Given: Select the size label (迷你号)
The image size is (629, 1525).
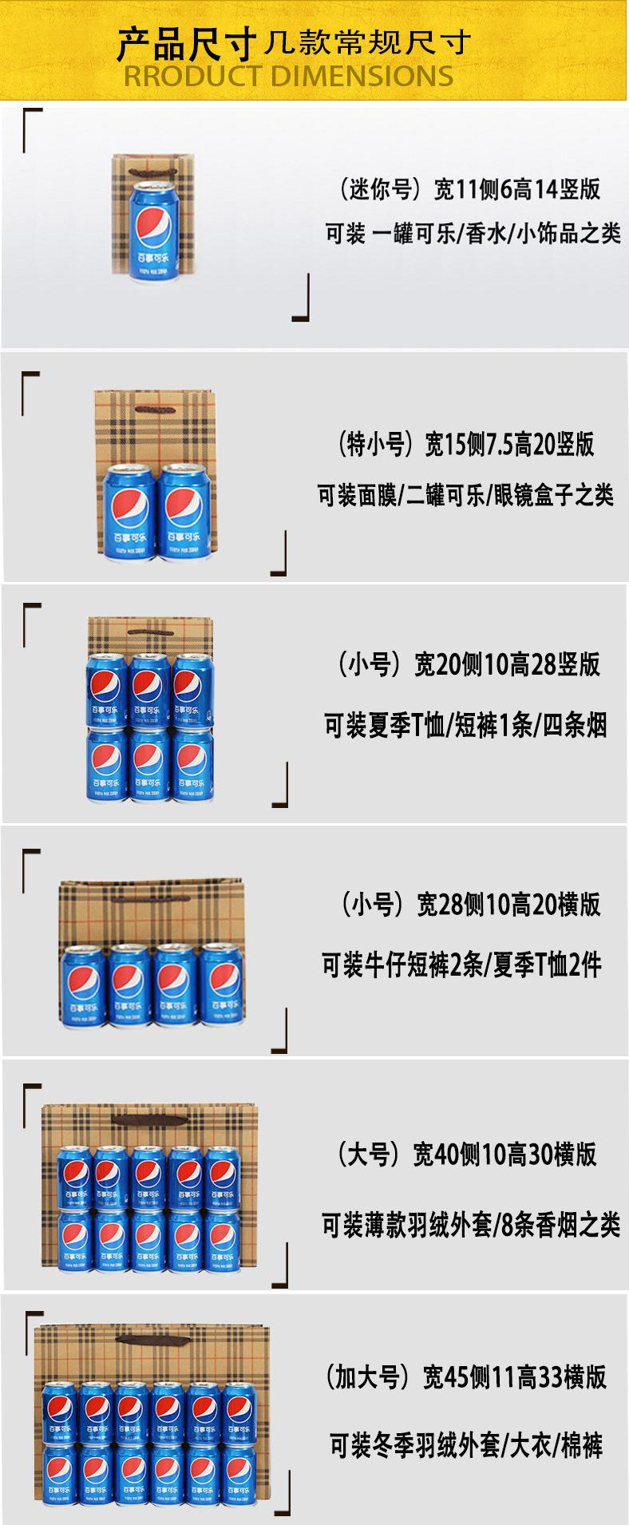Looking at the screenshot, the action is pyautogui.click(x=378, y=190).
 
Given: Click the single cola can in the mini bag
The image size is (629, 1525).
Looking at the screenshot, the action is pyautogui.click(x=152, y=229).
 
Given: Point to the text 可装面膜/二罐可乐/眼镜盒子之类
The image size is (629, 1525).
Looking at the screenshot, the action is pyautogui.click(x=465, y=495).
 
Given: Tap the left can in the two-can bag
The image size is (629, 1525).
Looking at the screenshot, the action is pyautogui.click(x=129, y=511).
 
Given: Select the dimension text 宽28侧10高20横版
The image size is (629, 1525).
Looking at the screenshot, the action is pyautogui.click(x=508, y=904).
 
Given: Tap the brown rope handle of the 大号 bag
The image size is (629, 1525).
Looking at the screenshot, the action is pyautogui.click(x=149, y=1120).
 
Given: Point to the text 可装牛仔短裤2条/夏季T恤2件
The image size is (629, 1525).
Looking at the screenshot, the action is pyautogui.click(x=462, y=965).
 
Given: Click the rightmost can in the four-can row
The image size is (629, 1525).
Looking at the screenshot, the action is pyautogui.click(x=220, y=984).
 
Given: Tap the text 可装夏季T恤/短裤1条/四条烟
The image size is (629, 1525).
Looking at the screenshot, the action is pyautogui.click(x=465, y=726).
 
